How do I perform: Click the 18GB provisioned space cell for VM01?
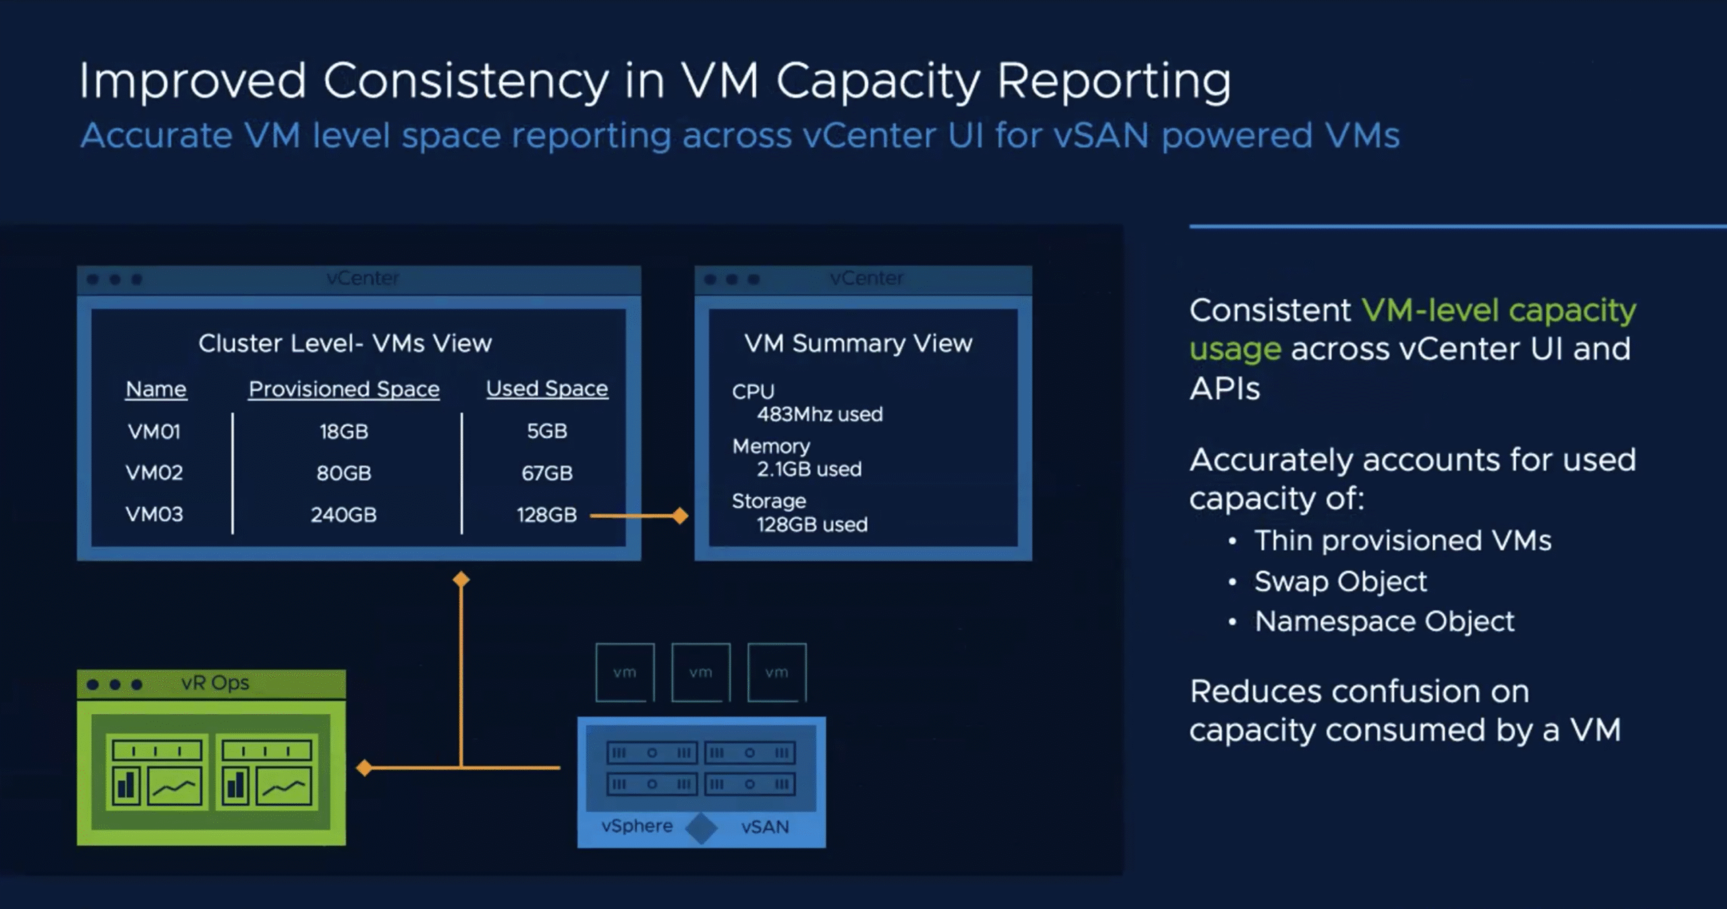coord(344,432)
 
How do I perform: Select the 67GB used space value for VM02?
coord(547,473)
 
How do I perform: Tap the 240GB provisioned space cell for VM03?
coord(343,515)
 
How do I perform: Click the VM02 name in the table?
coord(154,473)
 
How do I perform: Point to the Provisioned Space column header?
coord(344,389)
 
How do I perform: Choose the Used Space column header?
coord(547,388)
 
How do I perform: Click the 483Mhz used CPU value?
coord(820,414)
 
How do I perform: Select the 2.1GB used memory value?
coord(809,469)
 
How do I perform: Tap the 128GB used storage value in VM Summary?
coord(812,525)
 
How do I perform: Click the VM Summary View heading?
coord(858,343)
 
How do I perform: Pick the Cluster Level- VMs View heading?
coord(345,343)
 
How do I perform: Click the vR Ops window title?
coord(215,683)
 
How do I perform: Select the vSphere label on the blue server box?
coord(637,826)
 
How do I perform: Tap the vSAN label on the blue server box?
coord(765,827)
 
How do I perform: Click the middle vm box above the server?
coord(700,672)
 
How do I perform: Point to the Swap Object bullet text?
coord(1340,581)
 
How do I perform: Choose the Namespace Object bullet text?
coord(1384,622)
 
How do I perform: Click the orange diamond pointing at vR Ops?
coord(364,767)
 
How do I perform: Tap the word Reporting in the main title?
coord(1114,82)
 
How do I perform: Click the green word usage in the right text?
coord(1235,349)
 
